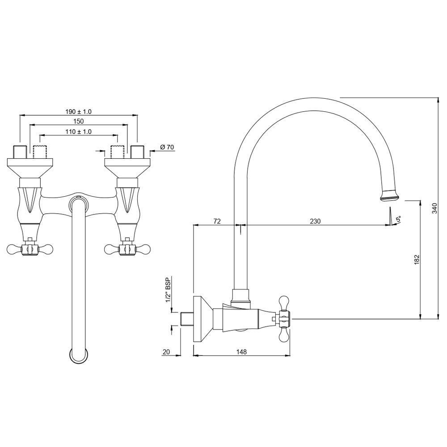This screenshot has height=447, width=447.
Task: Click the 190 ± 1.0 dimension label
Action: pos(78,111)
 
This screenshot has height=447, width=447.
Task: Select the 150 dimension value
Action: pos(78,121)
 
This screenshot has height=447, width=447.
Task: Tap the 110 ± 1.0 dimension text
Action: pos(78,131)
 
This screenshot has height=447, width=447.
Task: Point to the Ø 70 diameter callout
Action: pos(167,147)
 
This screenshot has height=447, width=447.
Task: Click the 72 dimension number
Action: pos(217,221)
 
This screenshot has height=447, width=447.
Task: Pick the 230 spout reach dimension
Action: pos(315,221)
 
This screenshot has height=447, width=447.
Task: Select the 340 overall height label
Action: pos(434,208)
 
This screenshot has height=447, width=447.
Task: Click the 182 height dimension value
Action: pos(417,260)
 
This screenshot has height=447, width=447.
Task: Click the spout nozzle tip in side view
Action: pos(389,196)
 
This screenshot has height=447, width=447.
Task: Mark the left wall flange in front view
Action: pos(30,168)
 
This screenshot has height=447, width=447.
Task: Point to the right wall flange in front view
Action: pos(127,168)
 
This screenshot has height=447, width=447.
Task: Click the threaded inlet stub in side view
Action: pos(187,319)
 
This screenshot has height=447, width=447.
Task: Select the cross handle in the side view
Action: pos(284,319)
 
